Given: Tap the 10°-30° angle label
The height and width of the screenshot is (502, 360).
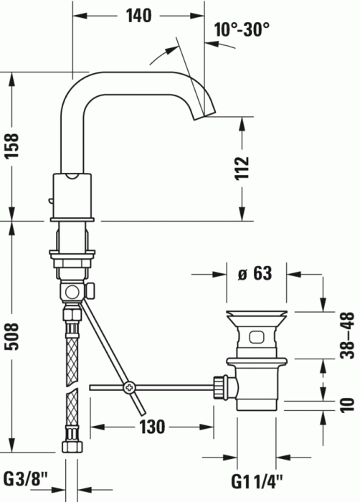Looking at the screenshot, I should [242, 29].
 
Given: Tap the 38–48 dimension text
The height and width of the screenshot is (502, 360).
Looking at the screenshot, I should [348, 336].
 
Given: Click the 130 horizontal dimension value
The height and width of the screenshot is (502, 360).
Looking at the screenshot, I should [152, 427].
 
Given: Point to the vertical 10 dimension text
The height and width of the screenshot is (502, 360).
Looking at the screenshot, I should [348, 404].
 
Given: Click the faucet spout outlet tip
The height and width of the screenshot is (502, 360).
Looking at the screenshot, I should [209, 111].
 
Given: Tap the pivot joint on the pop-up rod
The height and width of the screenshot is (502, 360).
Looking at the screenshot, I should [129, 388].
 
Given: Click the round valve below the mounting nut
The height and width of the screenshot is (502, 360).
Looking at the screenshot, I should [72, 292].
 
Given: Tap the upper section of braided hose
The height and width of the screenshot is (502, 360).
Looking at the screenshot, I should [72, 344].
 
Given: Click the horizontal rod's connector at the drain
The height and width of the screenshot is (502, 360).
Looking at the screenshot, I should [221, 389].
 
